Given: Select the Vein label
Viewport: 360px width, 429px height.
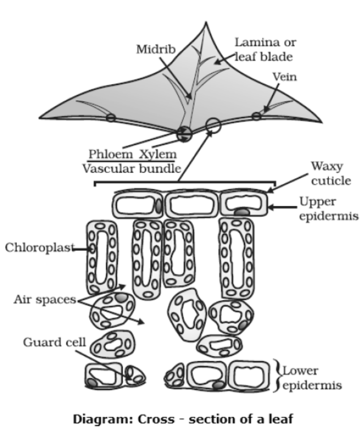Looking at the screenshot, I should [x=284, y=77].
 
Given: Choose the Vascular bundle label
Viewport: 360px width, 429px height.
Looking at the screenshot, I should [x=131, y=168].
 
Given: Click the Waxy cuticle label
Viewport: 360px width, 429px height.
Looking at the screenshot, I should [x=332, y=173].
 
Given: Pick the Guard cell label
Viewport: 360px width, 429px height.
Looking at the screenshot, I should [x=54, y=342].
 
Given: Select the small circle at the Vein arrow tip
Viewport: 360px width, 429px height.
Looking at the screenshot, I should [x=256, y=117].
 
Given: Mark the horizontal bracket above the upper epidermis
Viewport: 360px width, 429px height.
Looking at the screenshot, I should [x=184, y=183].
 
